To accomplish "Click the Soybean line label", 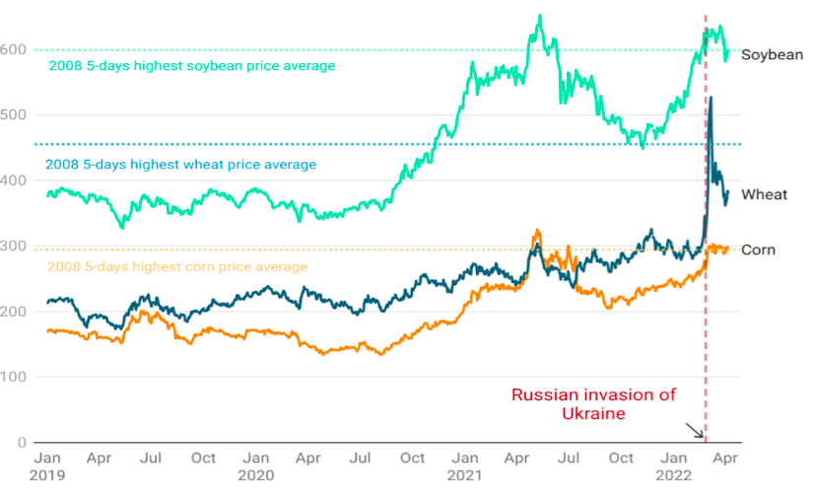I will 772,55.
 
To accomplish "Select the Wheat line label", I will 764,194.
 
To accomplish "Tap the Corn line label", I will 758,250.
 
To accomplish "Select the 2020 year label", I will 256,475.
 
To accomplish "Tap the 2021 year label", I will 466,475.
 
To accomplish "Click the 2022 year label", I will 675,475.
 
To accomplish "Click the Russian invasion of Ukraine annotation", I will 593,404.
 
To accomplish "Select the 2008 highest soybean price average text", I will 192,66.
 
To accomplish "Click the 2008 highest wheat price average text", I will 181,165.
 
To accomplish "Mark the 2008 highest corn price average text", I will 177,266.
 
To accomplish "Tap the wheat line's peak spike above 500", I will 711,98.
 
